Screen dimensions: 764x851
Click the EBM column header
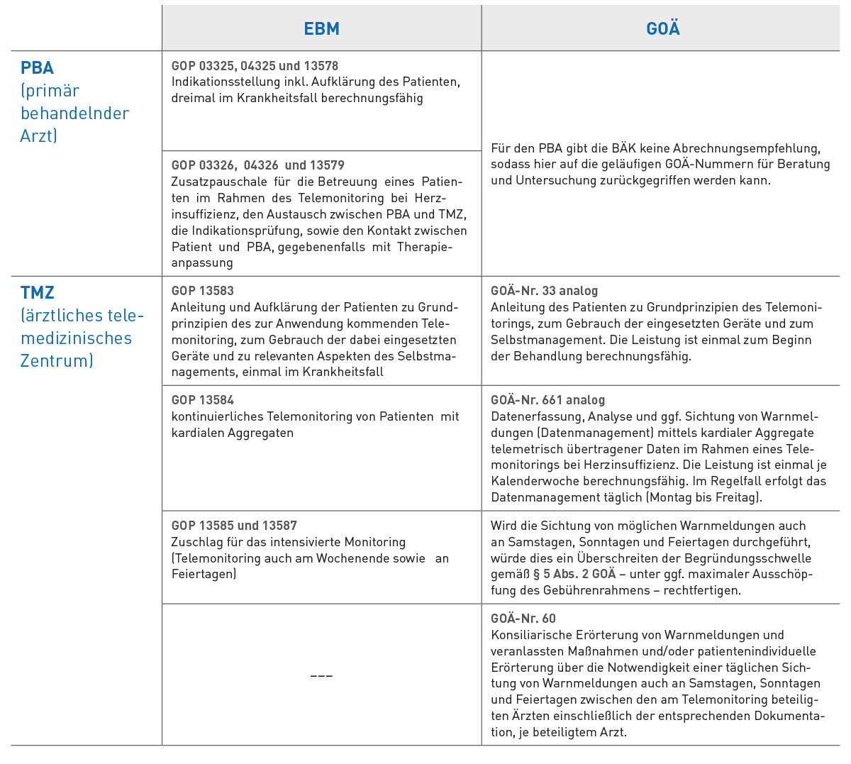[x=321, y=29]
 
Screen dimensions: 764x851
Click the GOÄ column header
[x=663, y=29]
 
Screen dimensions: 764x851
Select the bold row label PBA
[x=38, y=68]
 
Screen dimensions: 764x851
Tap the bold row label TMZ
[x=38, y=293]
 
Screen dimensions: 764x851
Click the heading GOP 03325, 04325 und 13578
[x=255, y=66]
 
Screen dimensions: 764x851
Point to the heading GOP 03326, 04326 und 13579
[x=257, y=165]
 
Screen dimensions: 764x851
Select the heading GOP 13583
[x=202, y=291]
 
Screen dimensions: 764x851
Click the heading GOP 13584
[x=202, y=400]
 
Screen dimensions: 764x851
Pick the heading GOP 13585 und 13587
[x=234, y=526]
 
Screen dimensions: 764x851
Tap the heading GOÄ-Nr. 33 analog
[x=544, y=291]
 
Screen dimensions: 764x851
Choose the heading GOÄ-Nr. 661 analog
[x=547, y=400]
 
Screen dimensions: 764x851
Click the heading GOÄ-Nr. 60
[x=523, y=619]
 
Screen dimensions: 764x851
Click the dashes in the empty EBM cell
[x=321, y=675]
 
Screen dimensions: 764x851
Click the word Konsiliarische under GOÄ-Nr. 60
[x=530, y=635]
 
